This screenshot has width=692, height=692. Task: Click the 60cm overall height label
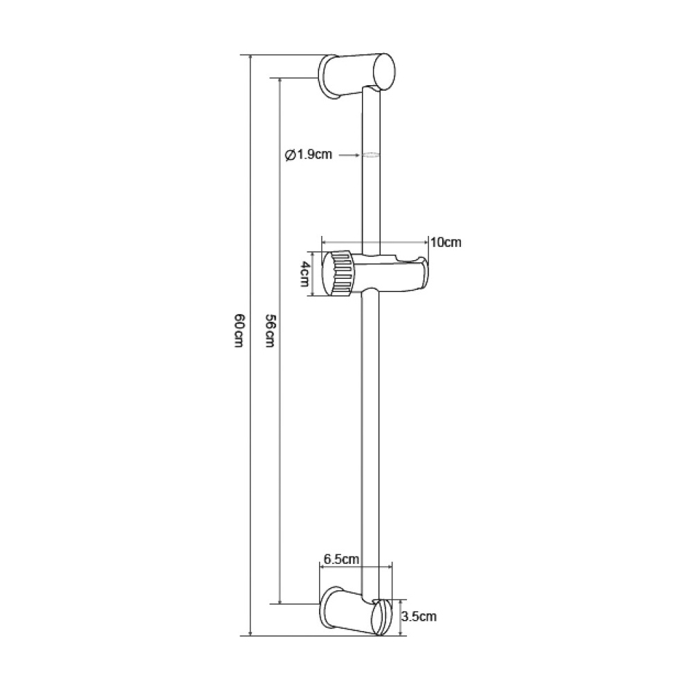point(239,331)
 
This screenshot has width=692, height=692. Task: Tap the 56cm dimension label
point(270,330)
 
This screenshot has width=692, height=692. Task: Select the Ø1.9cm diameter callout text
point(309,155)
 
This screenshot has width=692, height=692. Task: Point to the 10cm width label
point(446,242)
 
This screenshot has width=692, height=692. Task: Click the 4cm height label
point(304,273)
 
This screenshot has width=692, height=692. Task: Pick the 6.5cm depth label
point(342,559)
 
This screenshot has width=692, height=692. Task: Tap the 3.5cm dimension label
point(419,616)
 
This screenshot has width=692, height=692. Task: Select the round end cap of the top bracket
point(384,72)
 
